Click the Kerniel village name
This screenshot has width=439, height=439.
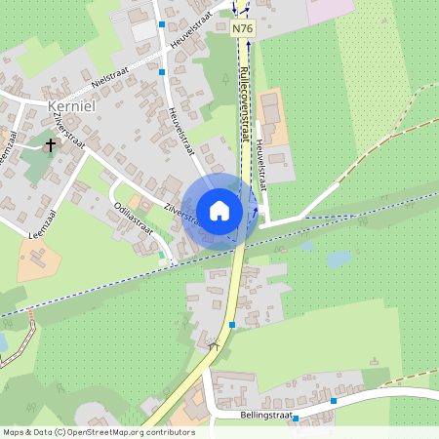click(70, 103)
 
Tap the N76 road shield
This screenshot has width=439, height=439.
click(243, 29)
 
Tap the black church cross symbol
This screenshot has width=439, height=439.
click(51, 143)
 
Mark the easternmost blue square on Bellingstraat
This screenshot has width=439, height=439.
click(334, 400)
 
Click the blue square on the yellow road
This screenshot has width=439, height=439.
click(232, 324)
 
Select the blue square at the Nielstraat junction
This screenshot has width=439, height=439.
click(162, 71)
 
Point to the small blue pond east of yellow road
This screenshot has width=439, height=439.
click(339, 259)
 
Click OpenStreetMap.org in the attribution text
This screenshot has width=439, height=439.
click(102, 432)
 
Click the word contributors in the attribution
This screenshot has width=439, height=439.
click(170, 432)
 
